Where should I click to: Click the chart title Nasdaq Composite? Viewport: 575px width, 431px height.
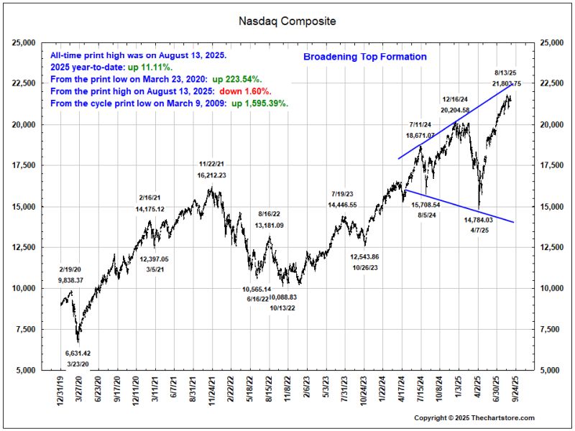[x=287, y=21]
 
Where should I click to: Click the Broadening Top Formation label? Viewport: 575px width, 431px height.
[x=365, y=57]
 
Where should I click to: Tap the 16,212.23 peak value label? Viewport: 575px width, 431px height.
[x=211, y=175]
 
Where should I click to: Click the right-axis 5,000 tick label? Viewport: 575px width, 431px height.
[x=548, y=370]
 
